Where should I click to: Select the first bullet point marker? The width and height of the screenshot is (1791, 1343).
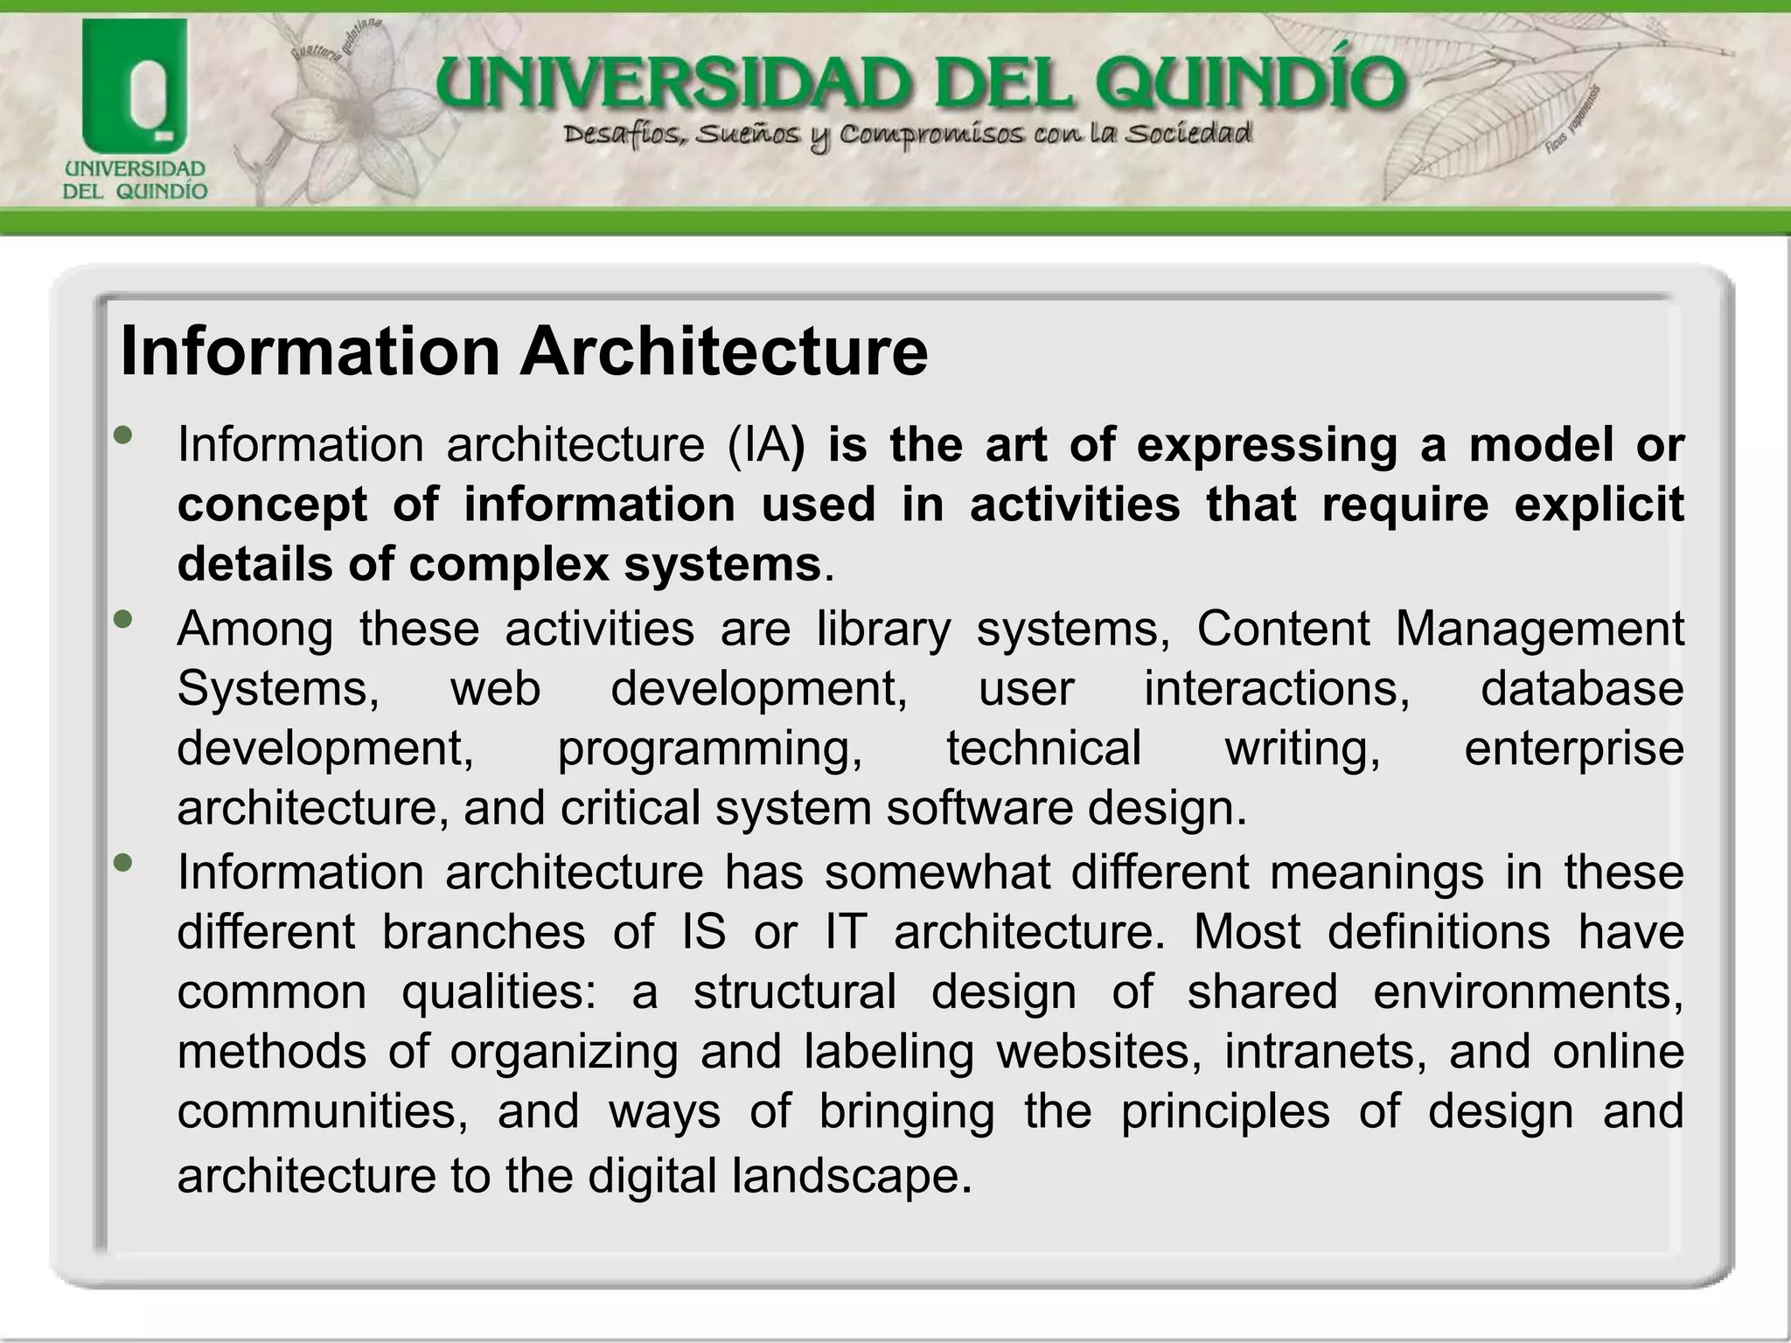pyautogui.click(x=123, y=435)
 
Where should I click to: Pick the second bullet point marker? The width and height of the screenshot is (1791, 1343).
pyautogui.click(x=123, y=619)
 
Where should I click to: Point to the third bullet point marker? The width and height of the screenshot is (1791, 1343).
pyautogui.click(x=123, y=863)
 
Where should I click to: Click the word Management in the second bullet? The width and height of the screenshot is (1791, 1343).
pyautogui.click(x=1539, y=629)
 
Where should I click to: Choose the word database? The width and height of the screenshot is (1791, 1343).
pyautogui.click(x=1582, y=688)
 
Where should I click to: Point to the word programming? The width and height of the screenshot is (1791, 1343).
pyautogui.click(x=709, y=749)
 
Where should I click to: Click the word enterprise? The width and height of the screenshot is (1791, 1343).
pyautogui.click(x=1574, y=749)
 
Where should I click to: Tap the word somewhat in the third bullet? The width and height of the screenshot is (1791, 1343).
pyautogui.click(x=937, y=873)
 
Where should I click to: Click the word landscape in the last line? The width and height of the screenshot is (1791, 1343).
pyautogui.click(x=852, y=1175)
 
